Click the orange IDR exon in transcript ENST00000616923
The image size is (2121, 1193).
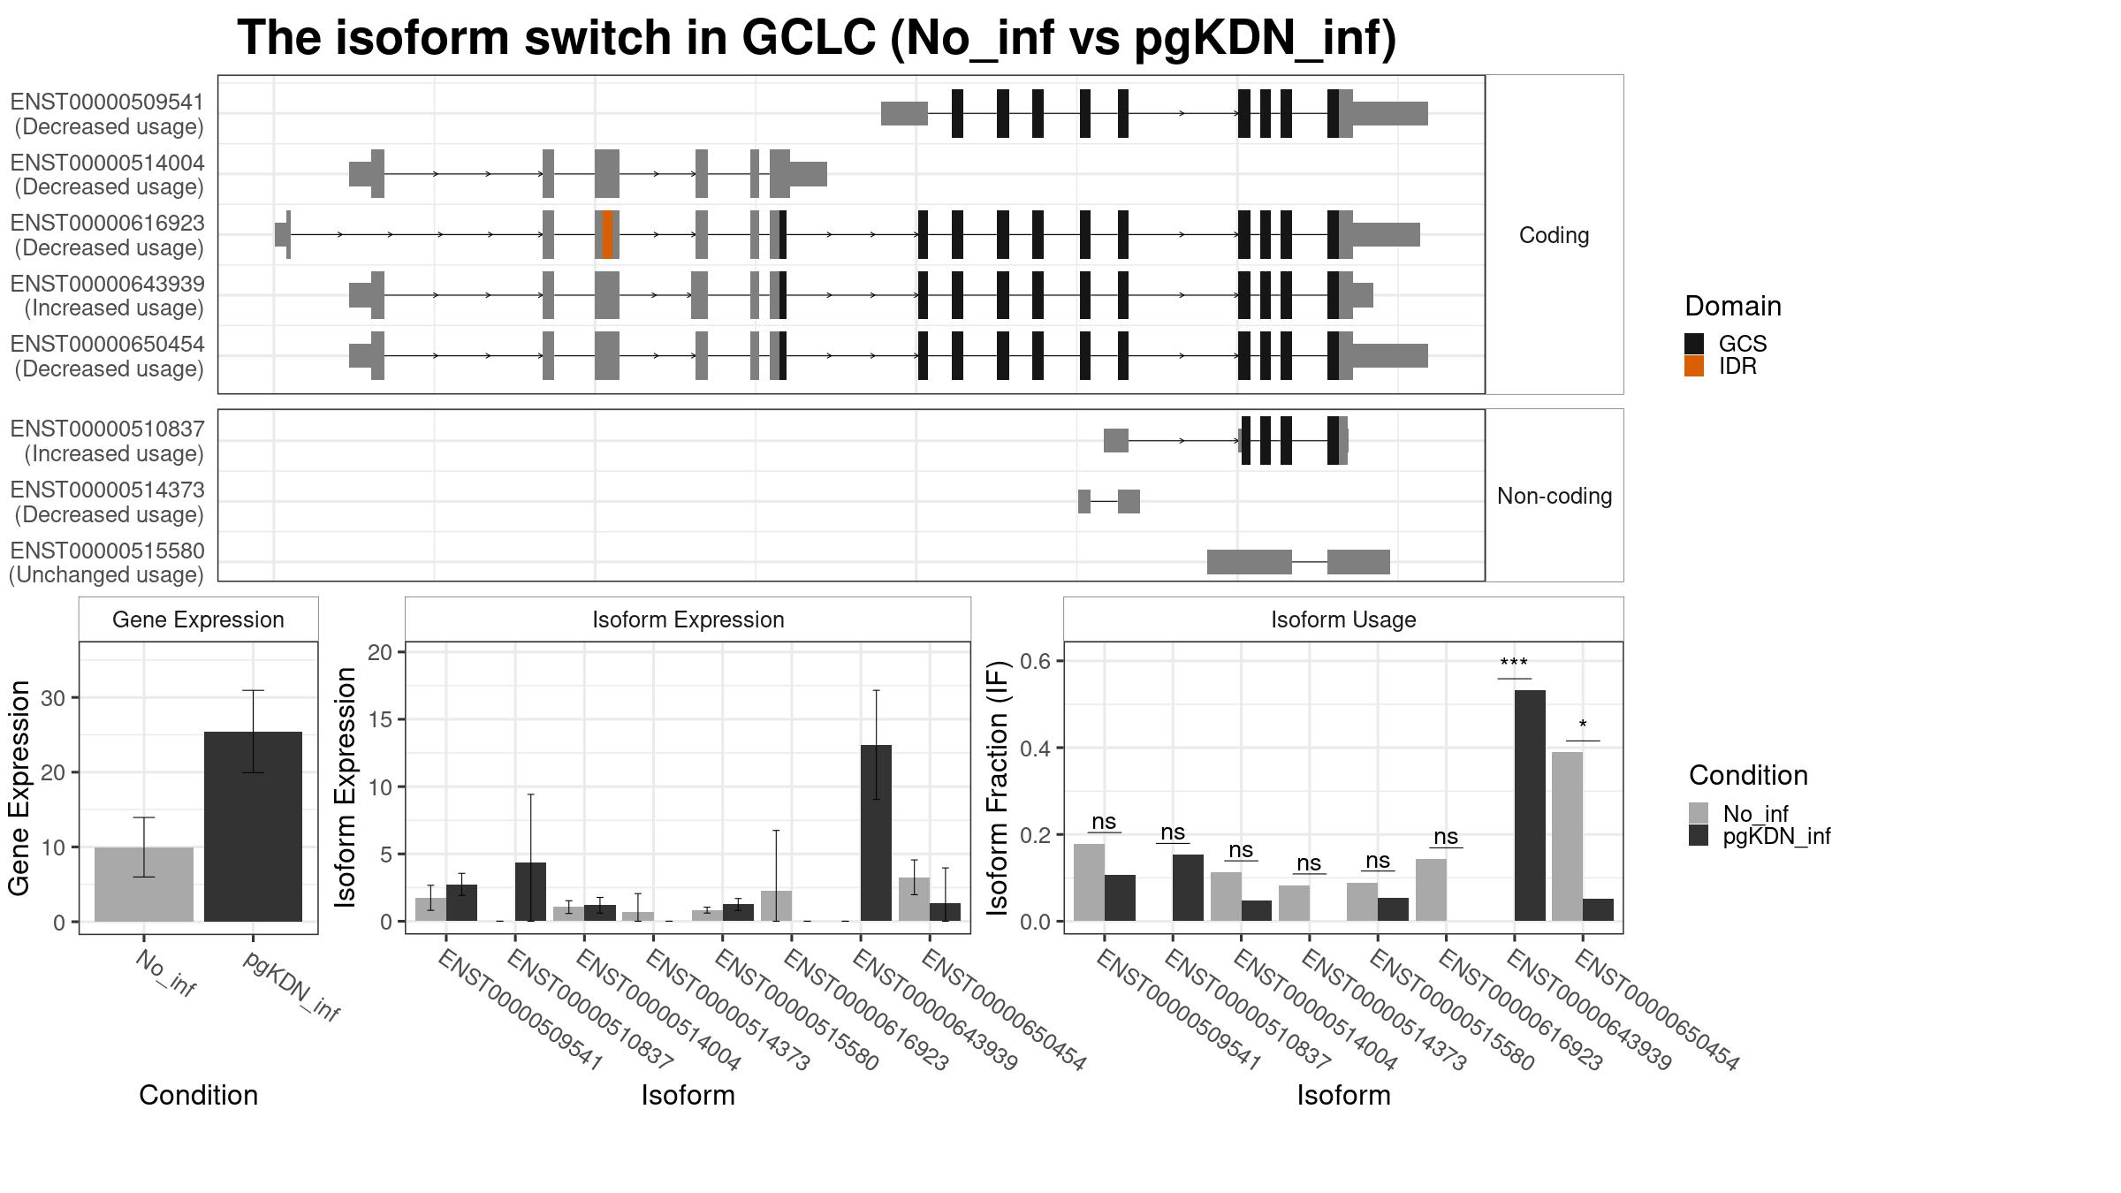[608, 235]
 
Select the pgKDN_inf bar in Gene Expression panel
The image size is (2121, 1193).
[253, 826]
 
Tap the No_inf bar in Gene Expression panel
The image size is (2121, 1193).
[144, 885]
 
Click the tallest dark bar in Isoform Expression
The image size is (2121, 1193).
[876, 833]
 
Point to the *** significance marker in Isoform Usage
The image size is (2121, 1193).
[1514, 664]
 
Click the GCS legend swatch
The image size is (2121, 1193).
[1694, 344]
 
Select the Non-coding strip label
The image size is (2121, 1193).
[1555, 496]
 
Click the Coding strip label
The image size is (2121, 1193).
[1554, 235]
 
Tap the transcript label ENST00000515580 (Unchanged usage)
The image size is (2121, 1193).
[107, 563]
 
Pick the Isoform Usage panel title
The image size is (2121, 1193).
[1343, 619]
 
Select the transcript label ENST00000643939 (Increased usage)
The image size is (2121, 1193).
[107, 296]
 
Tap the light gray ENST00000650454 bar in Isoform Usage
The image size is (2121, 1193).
[1567, 837]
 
